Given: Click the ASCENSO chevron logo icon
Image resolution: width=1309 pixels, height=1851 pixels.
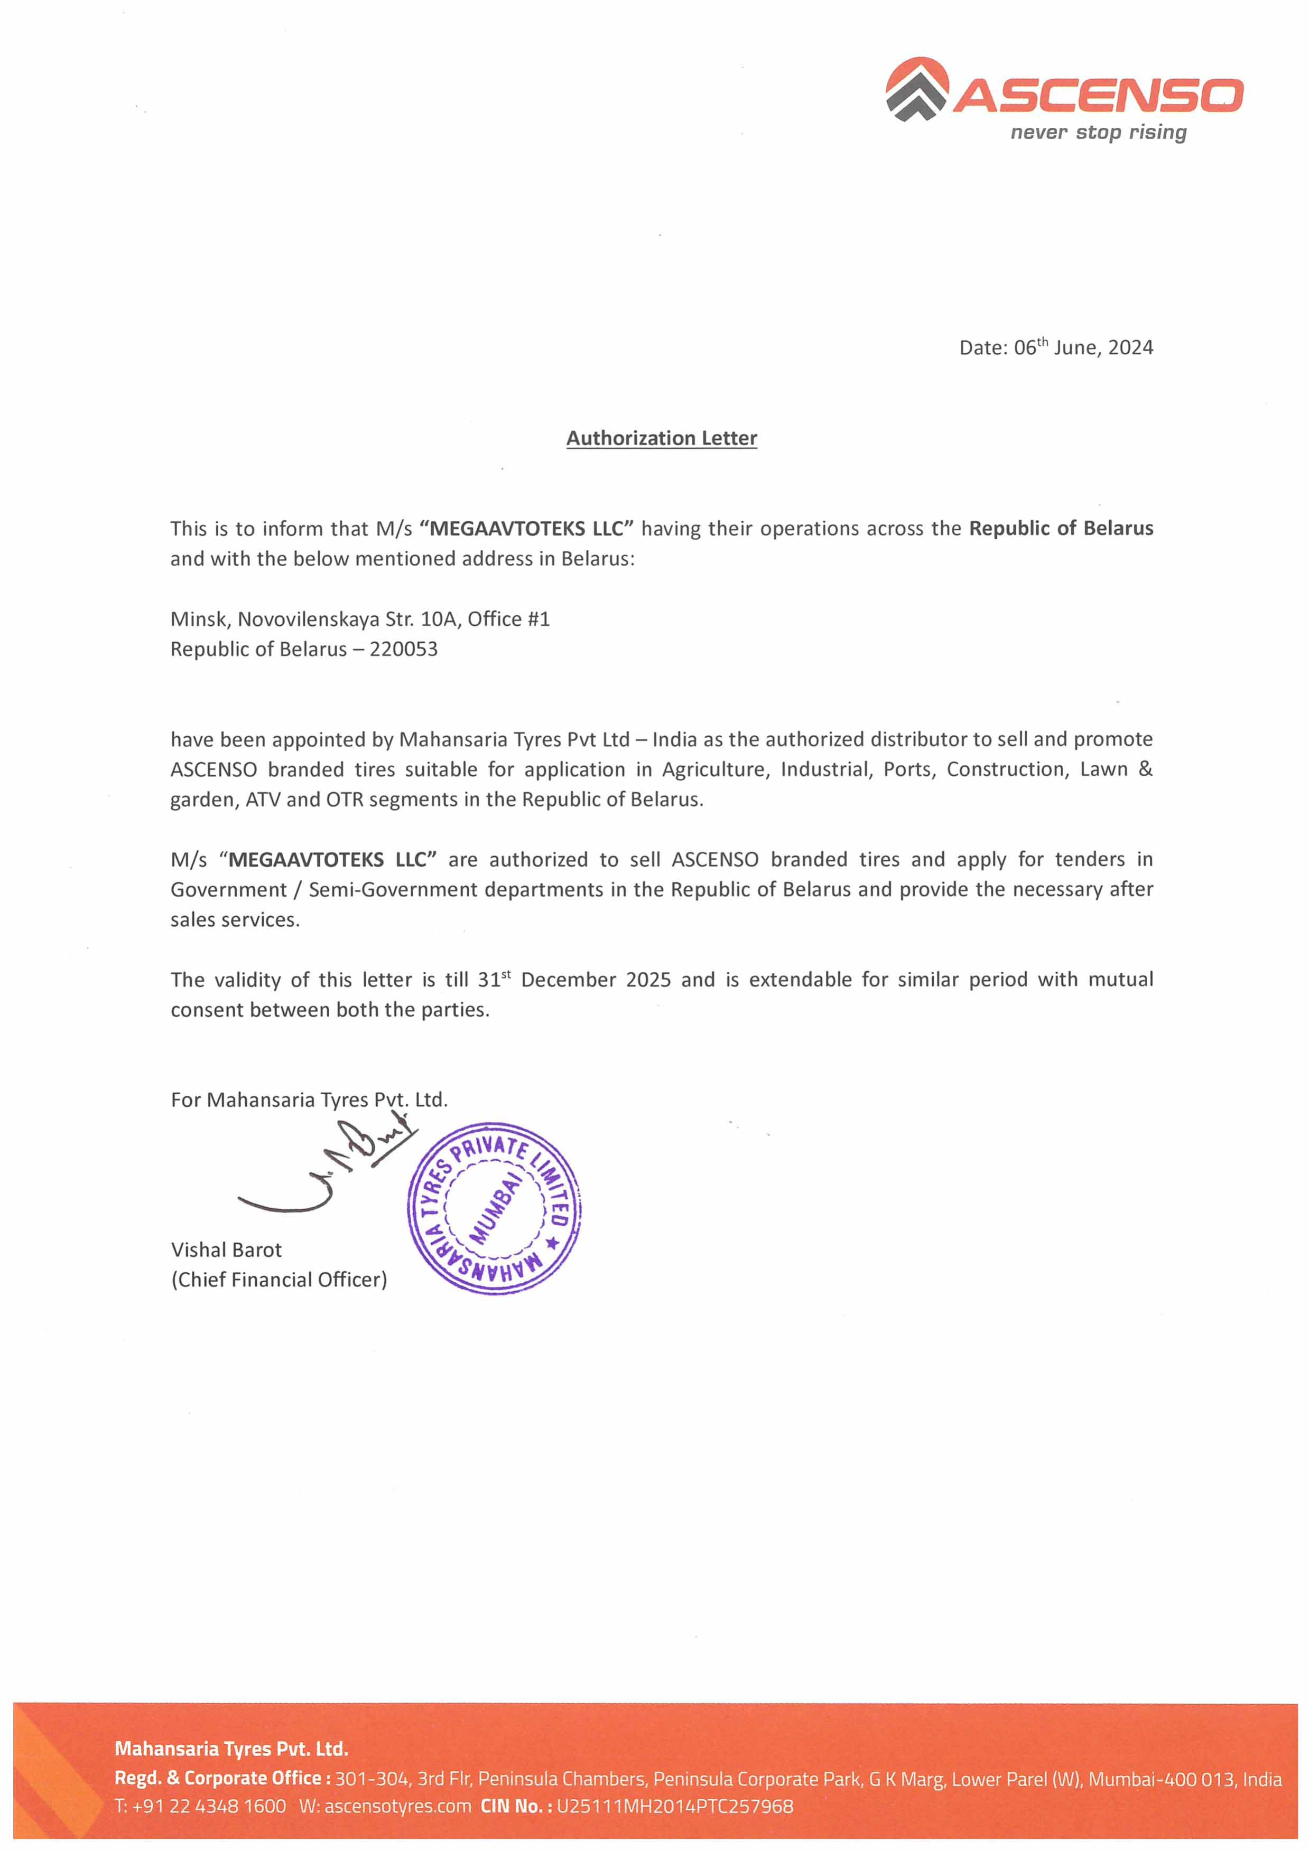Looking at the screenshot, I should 917,89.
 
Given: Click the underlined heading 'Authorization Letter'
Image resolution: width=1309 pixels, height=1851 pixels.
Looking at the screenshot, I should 661,438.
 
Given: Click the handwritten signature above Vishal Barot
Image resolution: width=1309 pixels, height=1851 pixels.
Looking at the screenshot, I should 331,1169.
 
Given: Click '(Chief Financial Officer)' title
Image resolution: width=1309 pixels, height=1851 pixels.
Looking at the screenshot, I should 278,1280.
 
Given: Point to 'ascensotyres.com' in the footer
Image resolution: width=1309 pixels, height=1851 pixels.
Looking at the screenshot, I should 397,1806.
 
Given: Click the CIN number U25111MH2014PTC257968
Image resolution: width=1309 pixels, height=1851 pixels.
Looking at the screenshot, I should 674,1806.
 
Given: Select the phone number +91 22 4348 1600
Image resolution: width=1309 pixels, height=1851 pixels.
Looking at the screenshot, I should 208,1806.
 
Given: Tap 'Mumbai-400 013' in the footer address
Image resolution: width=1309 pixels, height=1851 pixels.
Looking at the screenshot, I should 1162,1779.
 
